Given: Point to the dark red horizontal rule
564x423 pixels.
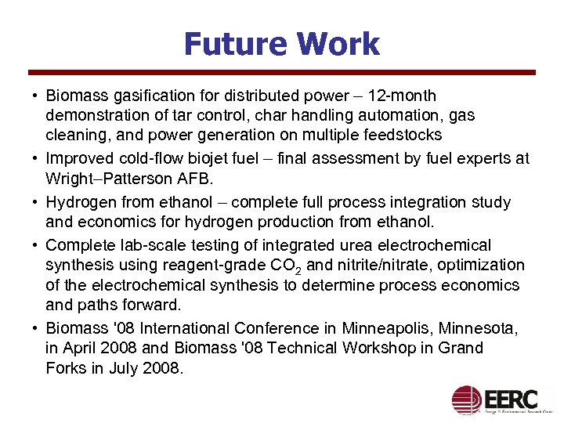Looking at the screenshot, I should pyautogui.click(x=281, y=73).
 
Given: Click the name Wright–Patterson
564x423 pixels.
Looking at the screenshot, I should pyautogui.click(x=101, y=178).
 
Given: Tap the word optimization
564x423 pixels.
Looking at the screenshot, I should pyautogui.click(x=486, y=266).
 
